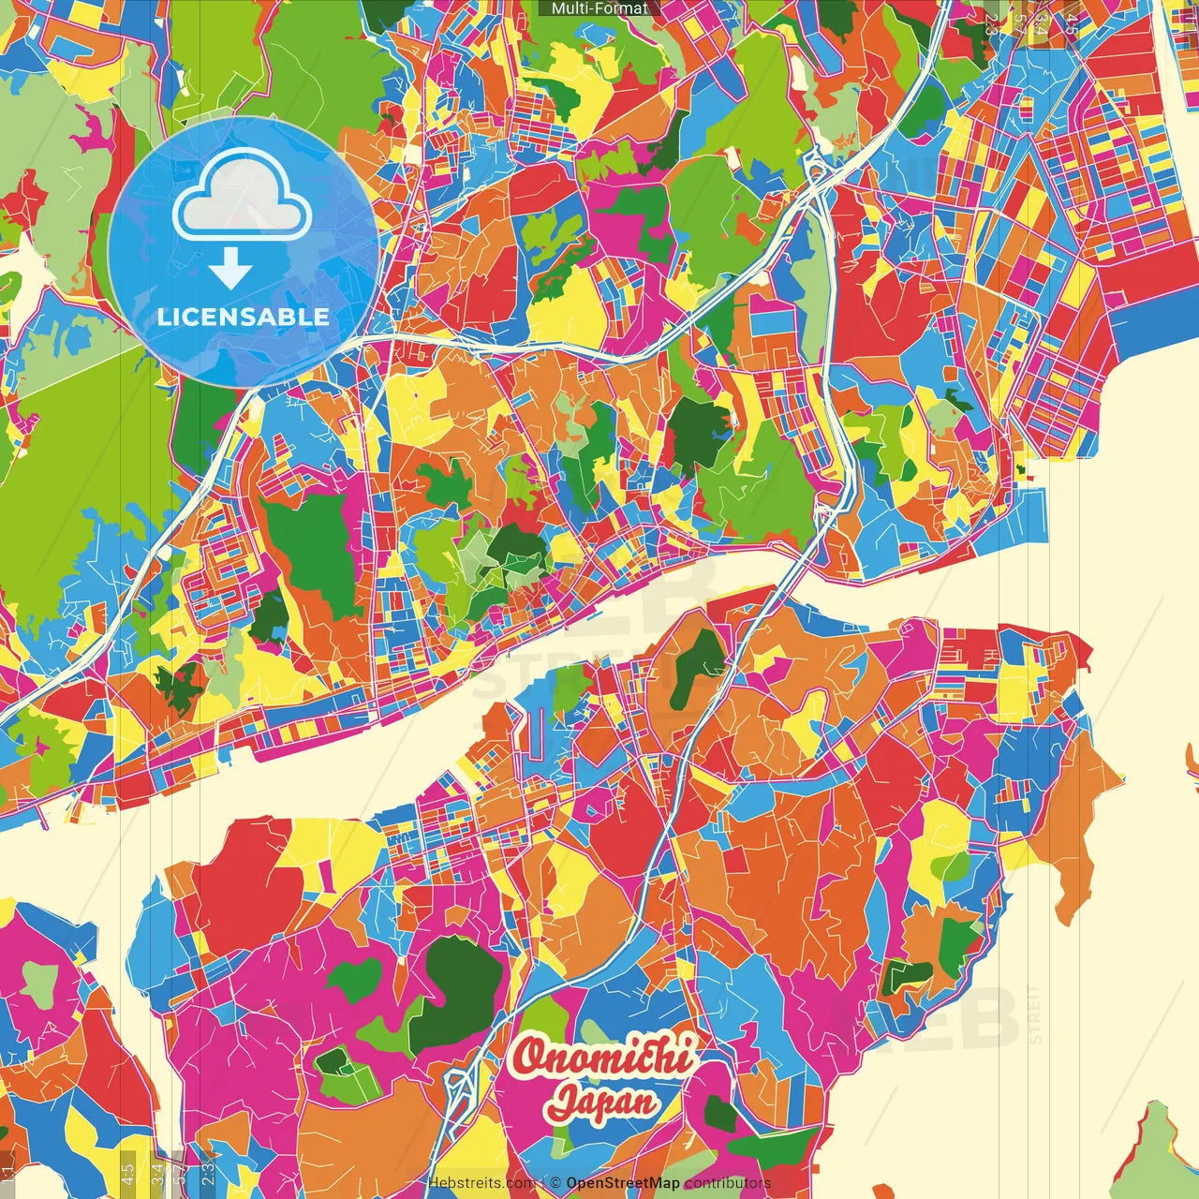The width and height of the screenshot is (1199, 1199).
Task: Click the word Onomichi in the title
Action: click(603, 1057)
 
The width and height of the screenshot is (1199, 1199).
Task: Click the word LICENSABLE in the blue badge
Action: click(244, 317)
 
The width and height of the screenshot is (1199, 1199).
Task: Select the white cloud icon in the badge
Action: click(243, 198)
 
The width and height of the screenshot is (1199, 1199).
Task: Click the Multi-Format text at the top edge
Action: click(599, 8)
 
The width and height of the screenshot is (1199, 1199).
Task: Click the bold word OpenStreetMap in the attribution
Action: click(623, 1183)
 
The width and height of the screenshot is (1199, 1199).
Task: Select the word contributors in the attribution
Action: click(727, 1183)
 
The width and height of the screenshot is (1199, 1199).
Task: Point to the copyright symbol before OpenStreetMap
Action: click(555, 1183)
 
